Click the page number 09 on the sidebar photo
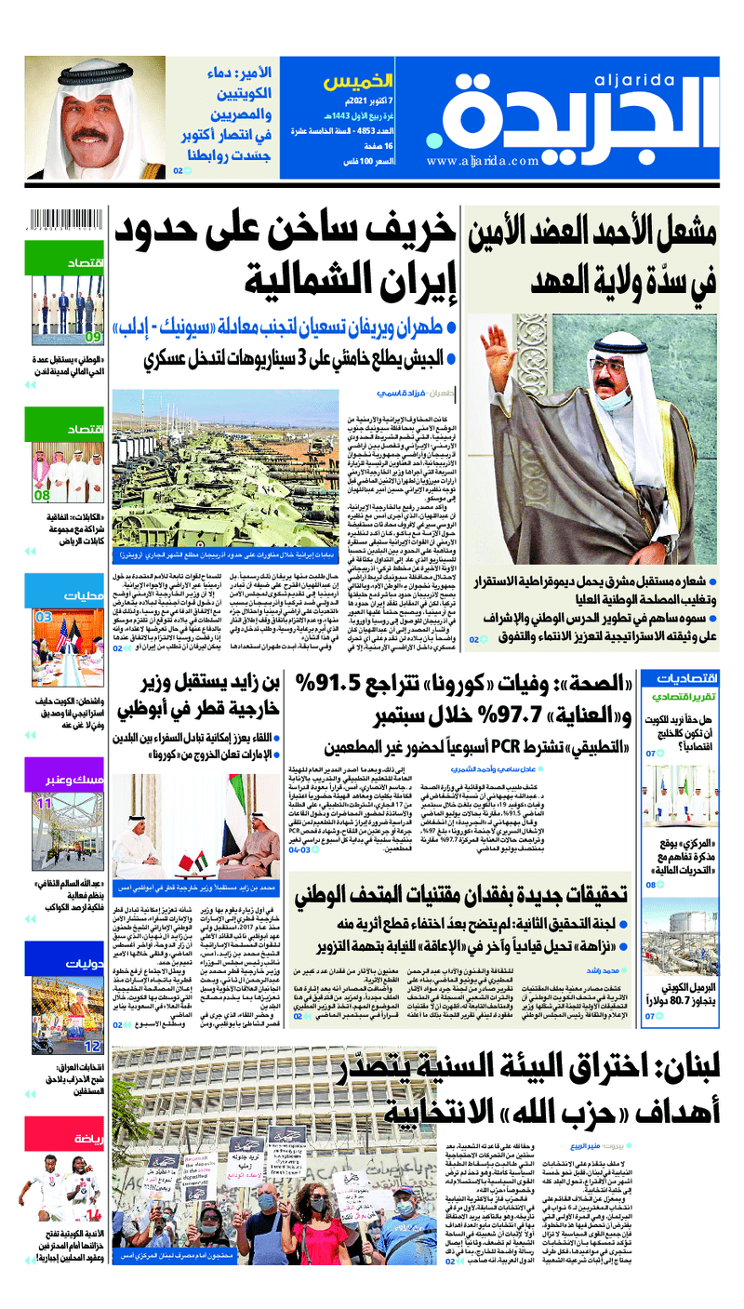coord(94,338)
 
